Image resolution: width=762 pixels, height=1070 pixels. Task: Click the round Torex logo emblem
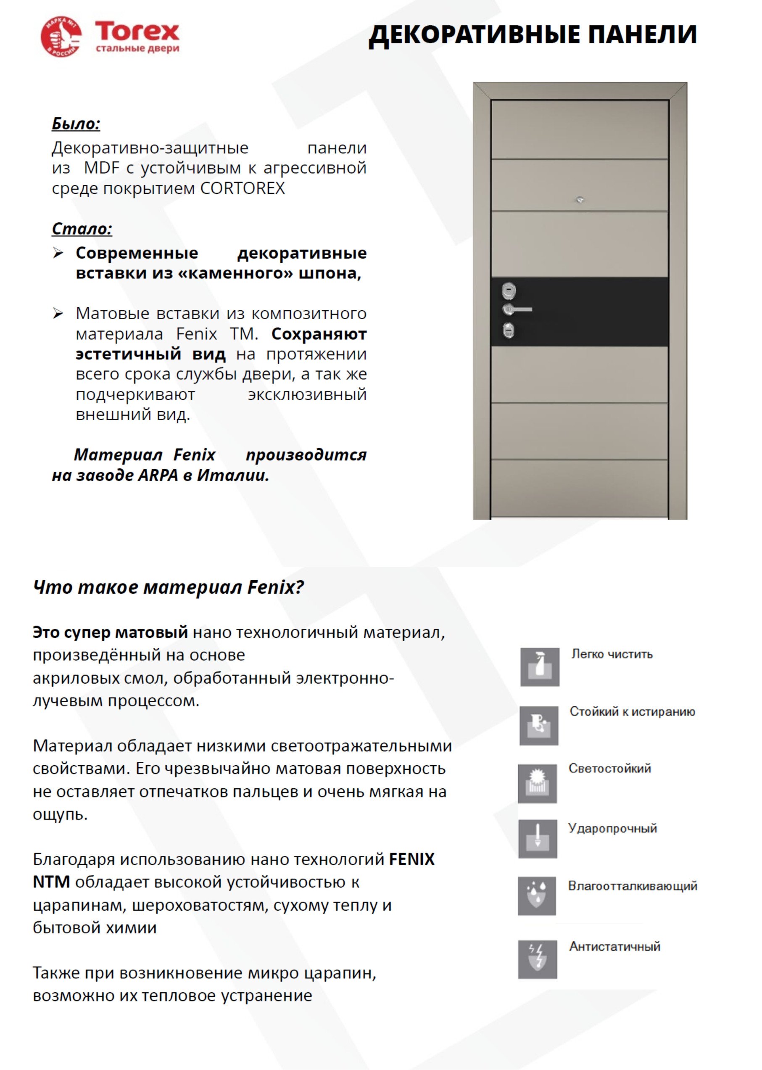61,36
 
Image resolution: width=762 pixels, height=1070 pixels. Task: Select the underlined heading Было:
76,124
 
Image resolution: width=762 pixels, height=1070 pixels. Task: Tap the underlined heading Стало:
82,229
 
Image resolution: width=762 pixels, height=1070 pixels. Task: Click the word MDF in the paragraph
101,167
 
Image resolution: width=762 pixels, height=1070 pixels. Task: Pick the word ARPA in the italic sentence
158,476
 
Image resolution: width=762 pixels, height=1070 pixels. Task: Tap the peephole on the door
580,200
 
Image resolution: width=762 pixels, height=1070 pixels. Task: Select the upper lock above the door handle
509,291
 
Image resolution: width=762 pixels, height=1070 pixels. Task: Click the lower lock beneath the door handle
509,331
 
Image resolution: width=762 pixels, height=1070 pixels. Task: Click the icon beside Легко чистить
540,667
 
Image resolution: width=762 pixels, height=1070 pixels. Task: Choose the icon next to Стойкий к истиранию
539,726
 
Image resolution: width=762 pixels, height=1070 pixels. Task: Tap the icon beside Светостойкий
537,783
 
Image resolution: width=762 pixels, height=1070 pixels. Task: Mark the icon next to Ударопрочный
538,839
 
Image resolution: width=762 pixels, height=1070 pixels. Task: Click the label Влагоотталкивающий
633,885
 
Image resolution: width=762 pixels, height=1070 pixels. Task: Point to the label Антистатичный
614,946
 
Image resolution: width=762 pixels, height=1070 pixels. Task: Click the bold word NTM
51,882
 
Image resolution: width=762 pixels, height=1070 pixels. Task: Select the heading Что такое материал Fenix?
169,587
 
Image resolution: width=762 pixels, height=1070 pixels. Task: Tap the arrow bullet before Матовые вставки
58,313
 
